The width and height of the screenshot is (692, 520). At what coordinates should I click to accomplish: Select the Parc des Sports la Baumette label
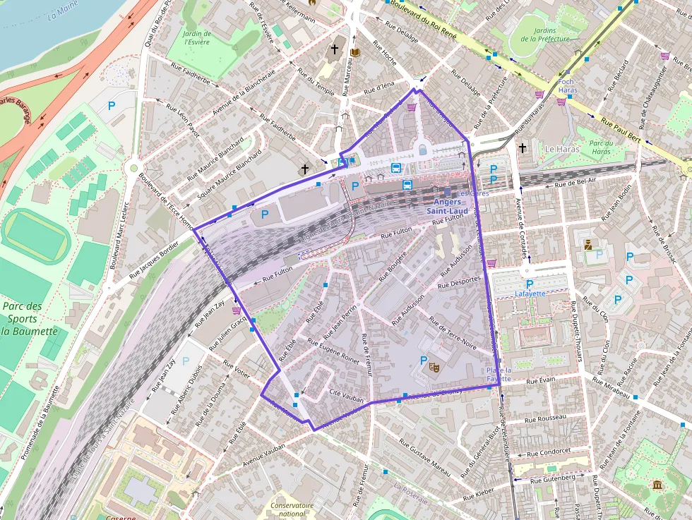click(x=29, y=319)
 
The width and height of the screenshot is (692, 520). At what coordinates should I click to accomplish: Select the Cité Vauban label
click(x=347, y=399)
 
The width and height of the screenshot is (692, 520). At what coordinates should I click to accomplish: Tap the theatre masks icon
click(x=434, y=366)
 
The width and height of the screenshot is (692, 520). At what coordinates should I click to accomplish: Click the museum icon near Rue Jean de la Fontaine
click(x=657, y=485)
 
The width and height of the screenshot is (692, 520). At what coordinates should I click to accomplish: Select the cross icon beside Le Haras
click(x=522, y=148)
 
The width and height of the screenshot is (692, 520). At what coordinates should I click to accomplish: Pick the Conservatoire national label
click(x=292, y=509)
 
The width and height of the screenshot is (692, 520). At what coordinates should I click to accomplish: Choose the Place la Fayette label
click(x=499, y=374)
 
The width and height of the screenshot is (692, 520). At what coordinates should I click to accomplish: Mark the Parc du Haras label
click(x=602, y=147)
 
